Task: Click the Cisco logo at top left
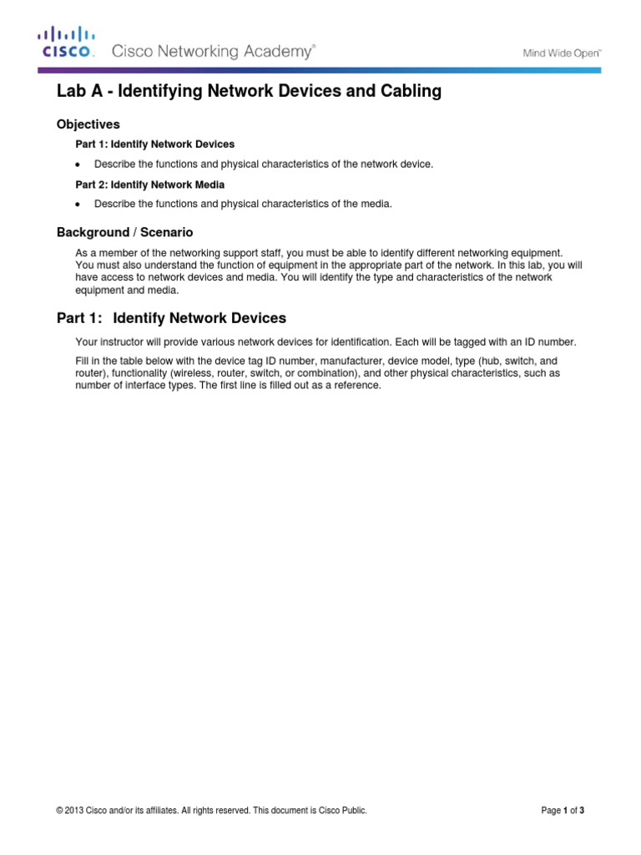(x=66, y=43)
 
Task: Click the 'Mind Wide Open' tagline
(x=562, y=53)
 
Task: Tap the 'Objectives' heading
(x=88, y=124)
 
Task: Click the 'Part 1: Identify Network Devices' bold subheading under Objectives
(x=155, y=144)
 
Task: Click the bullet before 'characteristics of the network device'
(x=78, y=164)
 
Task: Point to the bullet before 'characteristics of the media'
(x=78, y=205)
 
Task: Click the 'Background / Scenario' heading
(x=124, y=232)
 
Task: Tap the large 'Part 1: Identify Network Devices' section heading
(x=171, y=318)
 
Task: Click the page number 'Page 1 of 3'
(x=568, y=810)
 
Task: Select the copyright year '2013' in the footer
(x=76, y=810)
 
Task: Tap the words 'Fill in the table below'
(x=126, y=360)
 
